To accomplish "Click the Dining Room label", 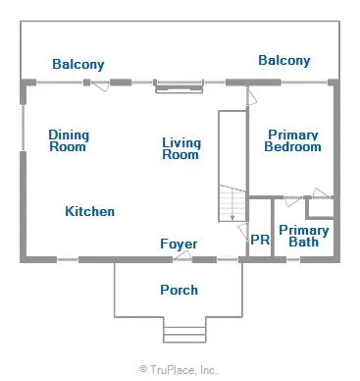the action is (x=69, y=140).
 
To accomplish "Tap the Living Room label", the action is (x=181, y=148).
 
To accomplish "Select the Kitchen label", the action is (x=90, y=211).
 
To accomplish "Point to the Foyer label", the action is (x=179, y=244).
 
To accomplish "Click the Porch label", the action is (x=180, y=290).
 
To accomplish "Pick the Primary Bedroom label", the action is (x=292, y=140).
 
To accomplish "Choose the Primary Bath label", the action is (x=304, y=237).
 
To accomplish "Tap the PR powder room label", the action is (x=260, y=240).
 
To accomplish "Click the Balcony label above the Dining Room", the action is (x=78, y=64).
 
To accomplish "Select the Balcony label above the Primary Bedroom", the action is (x=284, y=61).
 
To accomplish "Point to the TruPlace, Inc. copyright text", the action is (x=179, y=370).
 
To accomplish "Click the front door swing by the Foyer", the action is (x=182, y=255).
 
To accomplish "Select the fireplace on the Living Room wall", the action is (x=179, y=86).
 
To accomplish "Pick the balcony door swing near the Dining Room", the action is (x=99, y=85).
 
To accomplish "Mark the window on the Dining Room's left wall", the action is (x=23, y=128).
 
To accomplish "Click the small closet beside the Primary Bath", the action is (x=320, y=208).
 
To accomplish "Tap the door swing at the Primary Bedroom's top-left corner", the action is (x=251, y=96).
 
